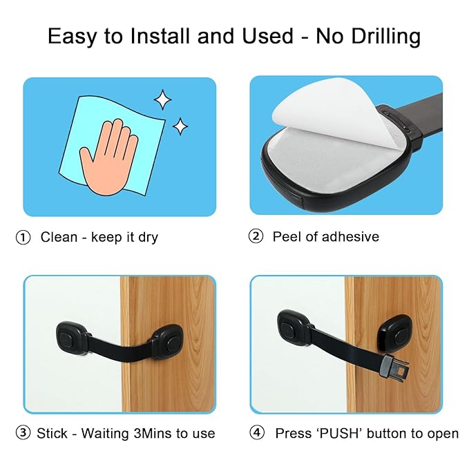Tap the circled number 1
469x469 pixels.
point(23,237)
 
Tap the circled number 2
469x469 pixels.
point(256,236)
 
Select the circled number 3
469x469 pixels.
point(23,433)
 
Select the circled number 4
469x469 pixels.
point(257,433)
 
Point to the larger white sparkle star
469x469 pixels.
point(162,100)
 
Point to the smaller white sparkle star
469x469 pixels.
point(180,126)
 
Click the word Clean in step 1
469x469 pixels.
point(59,237)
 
